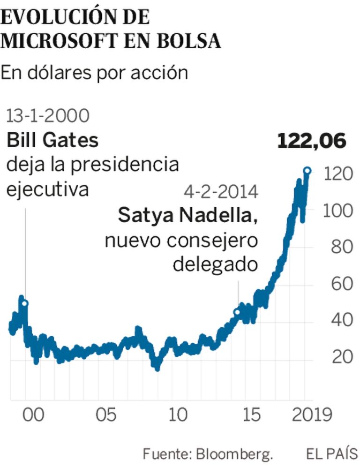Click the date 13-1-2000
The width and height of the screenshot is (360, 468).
[47, 116]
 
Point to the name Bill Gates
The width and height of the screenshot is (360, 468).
[52, 140]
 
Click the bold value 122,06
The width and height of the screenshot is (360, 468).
[311, 141]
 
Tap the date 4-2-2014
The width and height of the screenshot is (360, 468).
[221, 192]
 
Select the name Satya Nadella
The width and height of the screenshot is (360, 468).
[187, 216]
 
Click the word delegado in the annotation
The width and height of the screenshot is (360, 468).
[215, 265]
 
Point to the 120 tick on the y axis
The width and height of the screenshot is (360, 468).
[337, 174]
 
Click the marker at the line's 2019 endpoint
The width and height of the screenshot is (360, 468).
[307, 171]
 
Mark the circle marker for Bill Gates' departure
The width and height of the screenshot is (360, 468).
[25, 303]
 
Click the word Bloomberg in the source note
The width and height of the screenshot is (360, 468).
[234, 454]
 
